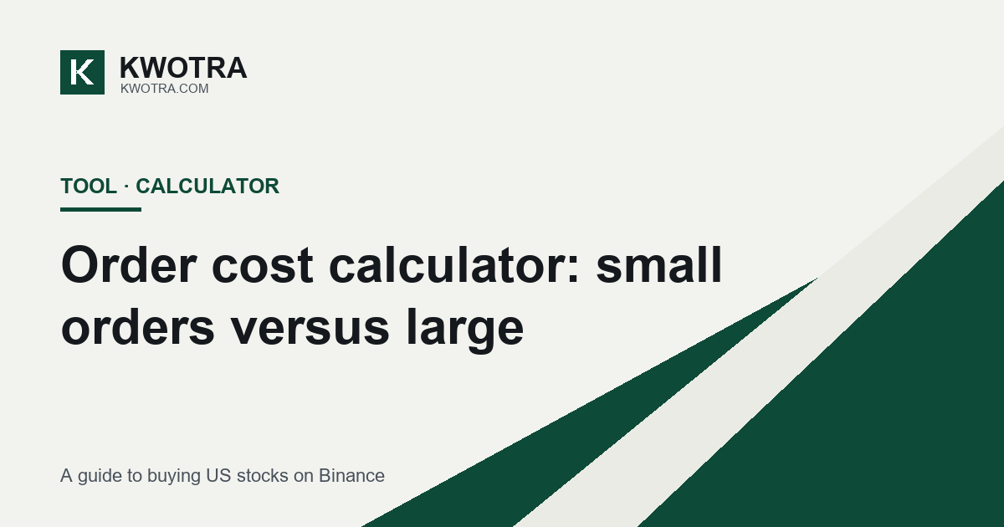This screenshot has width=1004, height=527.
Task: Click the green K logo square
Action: [83, 72]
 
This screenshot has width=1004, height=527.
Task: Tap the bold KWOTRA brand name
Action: [183, 68]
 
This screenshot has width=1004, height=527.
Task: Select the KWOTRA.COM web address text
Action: [165, 89]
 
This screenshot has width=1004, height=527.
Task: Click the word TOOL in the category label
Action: [89, 186]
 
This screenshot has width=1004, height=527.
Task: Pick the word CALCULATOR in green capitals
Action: [207, 186]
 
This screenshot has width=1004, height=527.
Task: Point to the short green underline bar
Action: [101, 209]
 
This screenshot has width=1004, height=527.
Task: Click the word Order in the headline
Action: [129, 265]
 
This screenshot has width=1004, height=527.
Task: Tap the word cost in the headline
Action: [262, 266]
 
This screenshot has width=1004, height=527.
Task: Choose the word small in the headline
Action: [659, 265]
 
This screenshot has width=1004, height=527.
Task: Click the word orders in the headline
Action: [138, 327]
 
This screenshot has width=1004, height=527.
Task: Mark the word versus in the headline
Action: [310, 330]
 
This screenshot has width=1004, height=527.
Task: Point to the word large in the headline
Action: [465, 330]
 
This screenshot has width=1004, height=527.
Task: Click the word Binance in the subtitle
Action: [351, 475]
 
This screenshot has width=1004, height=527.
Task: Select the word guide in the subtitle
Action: [100, 476]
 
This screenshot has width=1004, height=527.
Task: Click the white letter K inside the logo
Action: [82, 72]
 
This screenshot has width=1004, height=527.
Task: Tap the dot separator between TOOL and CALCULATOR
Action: [126, 187]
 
